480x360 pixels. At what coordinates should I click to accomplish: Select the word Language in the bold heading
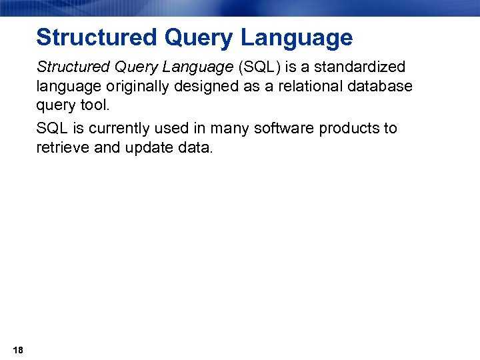click(297, 39)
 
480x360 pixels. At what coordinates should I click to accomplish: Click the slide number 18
click(18, 351)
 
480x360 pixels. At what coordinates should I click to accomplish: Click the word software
click(283, 128)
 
